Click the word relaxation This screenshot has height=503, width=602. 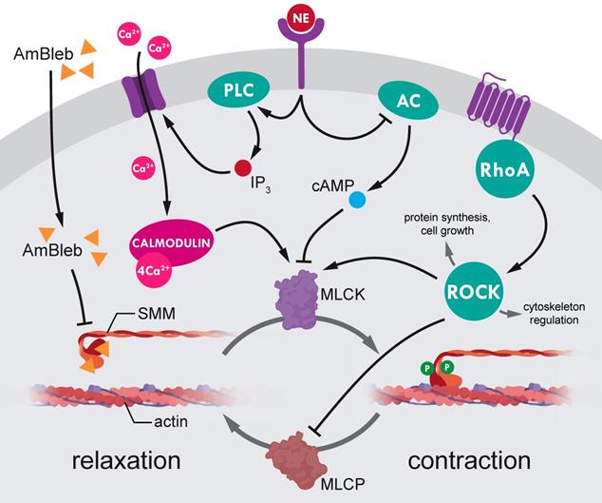pos(125,461)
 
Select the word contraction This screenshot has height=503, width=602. pos(469,461)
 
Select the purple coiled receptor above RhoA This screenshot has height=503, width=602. pos(494,108)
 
